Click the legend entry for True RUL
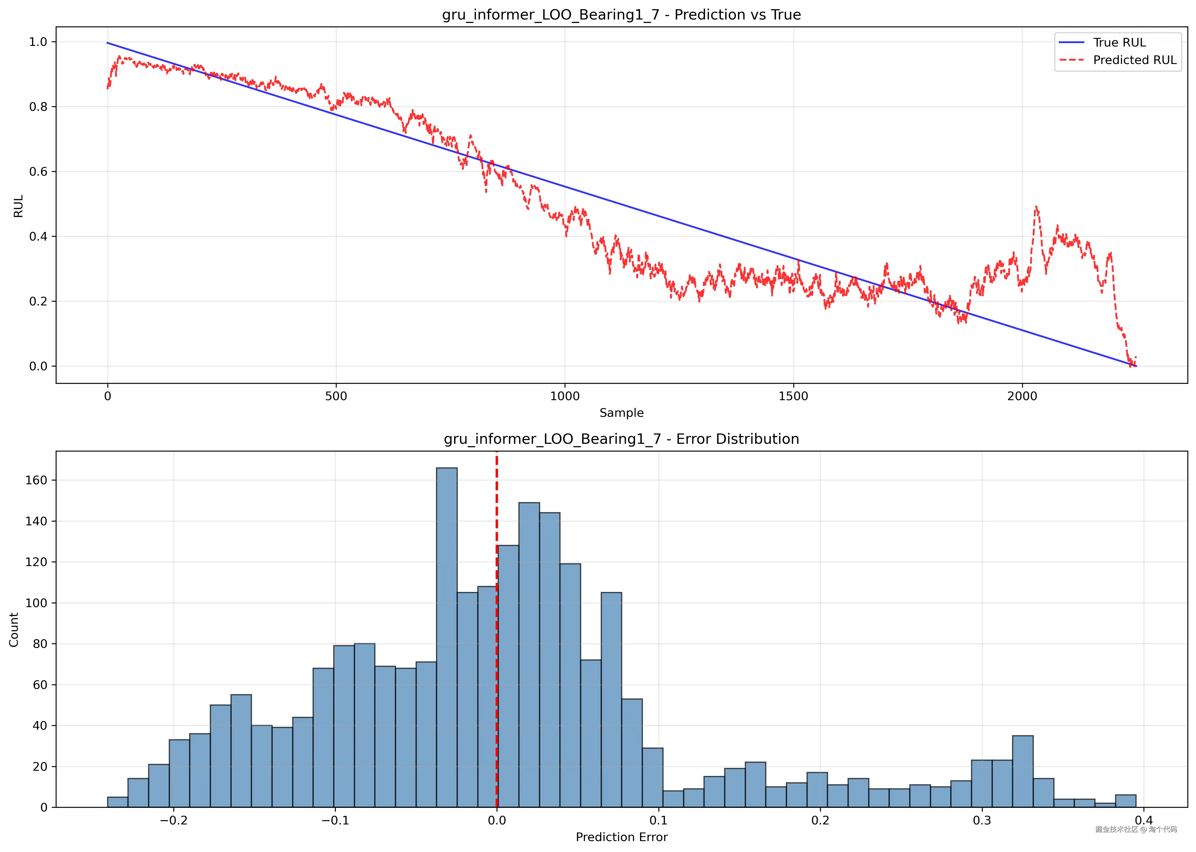coord(1119,42)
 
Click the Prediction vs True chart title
coord(621,15)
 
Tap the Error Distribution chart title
coord(621,439)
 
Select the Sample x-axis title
coord(621,413)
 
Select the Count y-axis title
coord(14,630)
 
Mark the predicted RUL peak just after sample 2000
coord(1036,208)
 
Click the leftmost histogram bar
coord(117,802)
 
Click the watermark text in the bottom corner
coord(1136,829)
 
